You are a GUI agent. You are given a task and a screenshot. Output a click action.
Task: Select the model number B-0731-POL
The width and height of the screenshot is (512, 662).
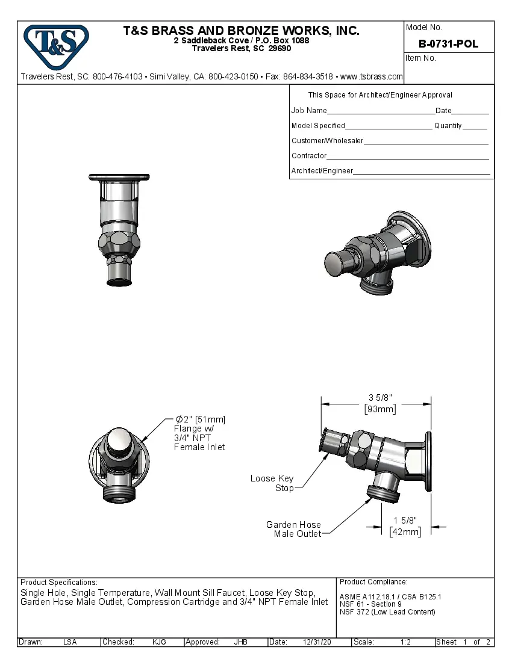(x=448, y=44)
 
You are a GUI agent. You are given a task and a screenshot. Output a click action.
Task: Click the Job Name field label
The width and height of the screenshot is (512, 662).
(x=309, y=111)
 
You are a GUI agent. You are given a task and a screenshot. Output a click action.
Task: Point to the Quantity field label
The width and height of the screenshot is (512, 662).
(x=448, y=126)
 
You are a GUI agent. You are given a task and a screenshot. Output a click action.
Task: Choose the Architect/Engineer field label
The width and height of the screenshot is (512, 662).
(x=322, y=171)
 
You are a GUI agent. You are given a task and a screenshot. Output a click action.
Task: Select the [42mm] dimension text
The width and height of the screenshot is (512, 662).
(x=405, y=531)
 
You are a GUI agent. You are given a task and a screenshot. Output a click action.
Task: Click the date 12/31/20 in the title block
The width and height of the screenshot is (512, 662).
(x=317, y=642)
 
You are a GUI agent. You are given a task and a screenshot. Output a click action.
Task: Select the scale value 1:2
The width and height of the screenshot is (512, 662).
(x=405, y=642)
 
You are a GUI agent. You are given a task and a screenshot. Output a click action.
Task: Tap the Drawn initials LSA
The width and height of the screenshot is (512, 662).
(x=70, y=642)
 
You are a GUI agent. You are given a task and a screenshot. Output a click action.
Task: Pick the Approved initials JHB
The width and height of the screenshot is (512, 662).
(x=240, y=642)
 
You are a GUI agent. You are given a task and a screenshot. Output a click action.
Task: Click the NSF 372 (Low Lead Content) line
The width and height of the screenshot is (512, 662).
(x=387, y=612)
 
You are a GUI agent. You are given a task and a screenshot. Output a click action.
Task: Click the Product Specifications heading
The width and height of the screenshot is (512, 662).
(x=58, y=583)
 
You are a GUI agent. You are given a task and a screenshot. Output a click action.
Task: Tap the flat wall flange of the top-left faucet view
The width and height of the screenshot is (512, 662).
(x=119, y=177)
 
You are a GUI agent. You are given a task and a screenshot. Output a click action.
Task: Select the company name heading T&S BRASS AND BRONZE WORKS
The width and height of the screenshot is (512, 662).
(x=241, y=31)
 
